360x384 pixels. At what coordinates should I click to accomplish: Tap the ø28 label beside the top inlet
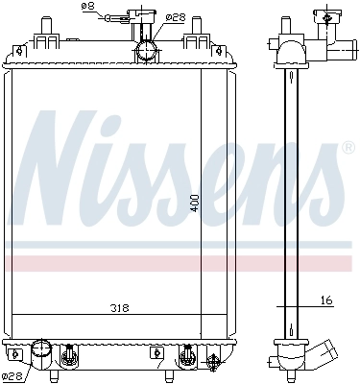175,15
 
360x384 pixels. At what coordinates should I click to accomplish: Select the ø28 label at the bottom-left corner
12,375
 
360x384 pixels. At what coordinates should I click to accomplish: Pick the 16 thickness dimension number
326,300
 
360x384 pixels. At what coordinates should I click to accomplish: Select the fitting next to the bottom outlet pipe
68,357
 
